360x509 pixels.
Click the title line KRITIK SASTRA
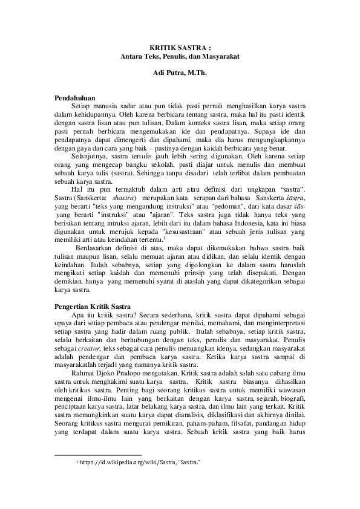(180, 48)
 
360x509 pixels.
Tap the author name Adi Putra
(164, 73)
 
